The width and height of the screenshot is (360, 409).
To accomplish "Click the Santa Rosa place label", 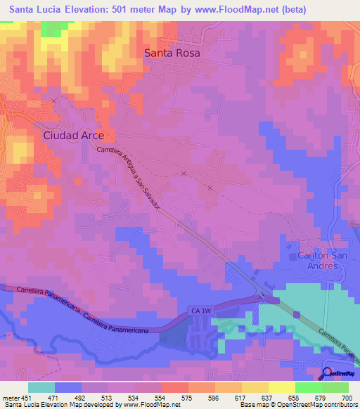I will click(172, 53).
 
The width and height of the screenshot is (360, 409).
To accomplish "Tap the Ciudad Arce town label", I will click(74, 135).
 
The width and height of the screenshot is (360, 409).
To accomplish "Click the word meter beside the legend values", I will click(10, 398).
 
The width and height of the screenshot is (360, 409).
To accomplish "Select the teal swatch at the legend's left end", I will click(41, 387).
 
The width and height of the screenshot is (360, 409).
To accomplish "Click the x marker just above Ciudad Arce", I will click(53, 101).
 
